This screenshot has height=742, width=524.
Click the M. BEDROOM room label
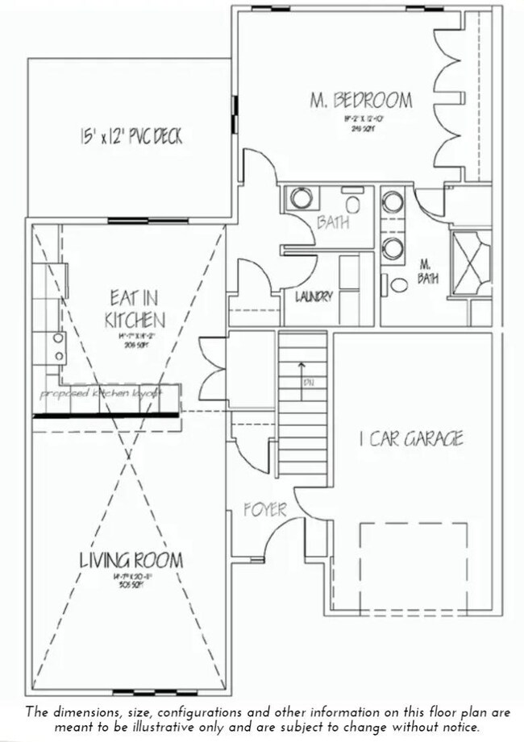point(361,101)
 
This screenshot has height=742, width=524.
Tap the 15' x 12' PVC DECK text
point(131,136)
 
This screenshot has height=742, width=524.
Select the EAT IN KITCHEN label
point(135,308)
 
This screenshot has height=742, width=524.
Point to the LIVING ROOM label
point(131,560)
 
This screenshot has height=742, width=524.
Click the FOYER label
point(265,510)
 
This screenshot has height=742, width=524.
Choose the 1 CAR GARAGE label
point(411,439)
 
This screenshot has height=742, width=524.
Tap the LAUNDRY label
point(314,296)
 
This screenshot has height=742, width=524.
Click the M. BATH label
point(426,272)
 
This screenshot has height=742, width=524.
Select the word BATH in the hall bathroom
point(332,222)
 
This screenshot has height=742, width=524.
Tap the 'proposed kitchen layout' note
point(101,394)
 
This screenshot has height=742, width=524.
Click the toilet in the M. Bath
point(397,284)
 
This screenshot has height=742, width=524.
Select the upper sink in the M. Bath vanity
point(393,201)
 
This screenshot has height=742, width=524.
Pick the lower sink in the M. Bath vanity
point(393,249)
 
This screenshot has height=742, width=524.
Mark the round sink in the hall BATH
point(301,198)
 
